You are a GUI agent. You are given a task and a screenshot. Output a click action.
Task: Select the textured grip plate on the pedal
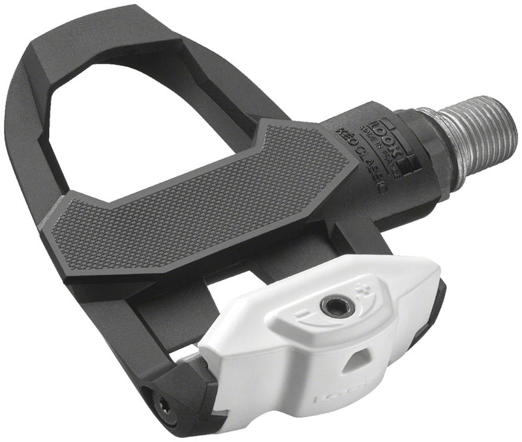tap(209, 196)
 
